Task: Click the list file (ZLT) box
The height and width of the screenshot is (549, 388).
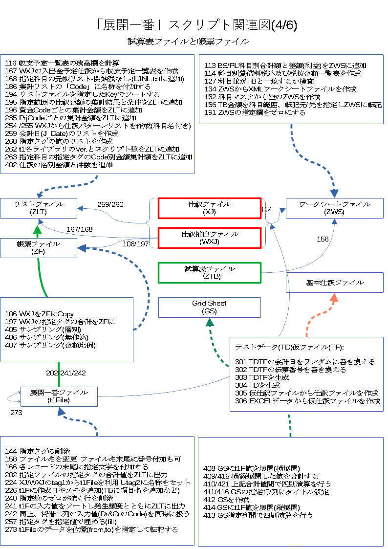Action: pos(38,208)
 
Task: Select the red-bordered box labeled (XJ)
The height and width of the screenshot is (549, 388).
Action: pos(209,208)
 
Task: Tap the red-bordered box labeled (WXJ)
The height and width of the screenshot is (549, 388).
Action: pos(209,238)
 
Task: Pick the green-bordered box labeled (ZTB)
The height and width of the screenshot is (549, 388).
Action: pos(209,273)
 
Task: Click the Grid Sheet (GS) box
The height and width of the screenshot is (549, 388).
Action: pos(209,307)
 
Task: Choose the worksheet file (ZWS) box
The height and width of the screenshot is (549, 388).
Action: pos(335,208)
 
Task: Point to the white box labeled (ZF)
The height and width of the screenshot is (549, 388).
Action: pos(38,248)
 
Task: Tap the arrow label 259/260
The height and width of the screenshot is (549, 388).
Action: pos(110,204)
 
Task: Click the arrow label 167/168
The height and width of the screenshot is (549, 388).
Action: pos(80,229)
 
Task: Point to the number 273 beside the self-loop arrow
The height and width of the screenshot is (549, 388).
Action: pos(17,413)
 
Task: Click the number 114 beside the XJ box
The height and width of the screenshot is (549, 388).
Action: pos(266,209)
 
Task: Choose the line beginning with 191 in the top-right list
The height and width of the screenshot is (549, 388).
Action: pos(255,112)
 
